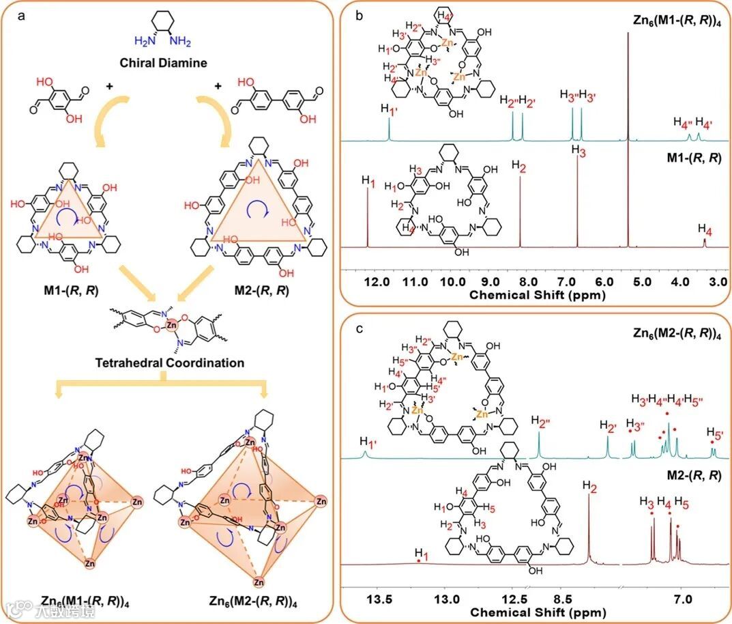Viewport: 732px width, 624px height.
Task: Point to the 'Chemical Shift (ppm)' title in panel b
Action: pos(535,294)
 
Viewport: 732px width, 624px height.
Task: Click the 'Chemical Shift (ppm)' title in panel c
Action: pos(535,612)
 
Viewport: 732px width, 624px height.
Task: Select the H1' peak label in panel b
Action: pos(390,109)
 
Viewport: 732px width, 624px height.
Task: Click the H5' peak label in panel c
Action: pos(714,434)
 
